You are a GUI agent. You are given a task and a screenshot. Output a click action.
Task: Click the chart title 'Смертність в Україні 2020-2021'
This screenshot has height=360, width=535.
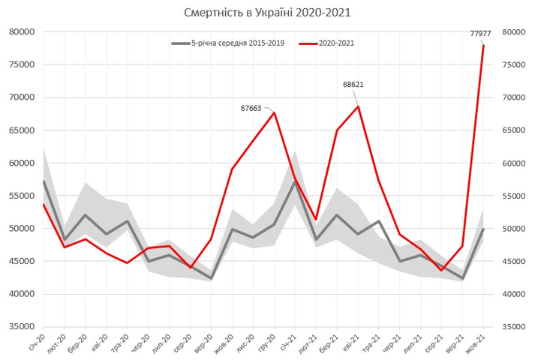(267, 13)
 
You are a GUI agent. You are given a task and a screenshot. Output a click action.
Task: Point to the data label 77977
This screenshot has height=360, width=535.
(480, 33)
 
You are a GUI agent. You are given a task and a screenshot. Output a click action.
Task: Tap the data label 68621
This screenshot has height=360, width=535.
(353, 85)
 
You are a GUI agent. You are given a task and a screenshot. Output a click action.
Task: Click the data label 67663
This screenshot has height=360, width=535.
(251, 108)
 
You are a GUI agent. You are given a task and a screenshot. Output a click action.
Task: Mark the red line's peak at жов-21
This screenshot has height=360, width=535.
(483, 46)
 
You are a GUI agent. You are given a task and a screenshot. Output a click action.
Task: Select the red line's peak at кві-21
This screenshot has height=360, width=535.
(358, 106)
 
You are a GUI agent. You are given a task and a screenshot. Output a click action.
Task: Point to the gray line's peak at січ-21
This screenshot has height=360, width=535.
(295, 181)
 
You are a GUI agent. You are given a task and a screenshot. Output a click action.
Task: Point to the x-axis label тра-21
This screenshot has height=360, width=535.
(372, 346)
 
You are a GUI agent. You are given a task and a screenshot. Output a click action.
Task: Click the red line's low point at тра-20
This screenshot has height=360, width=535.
(128, 262)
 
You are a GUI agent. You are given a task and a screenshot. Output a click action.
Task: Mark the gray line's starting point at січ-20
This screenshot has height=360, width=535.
(44, 181)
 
